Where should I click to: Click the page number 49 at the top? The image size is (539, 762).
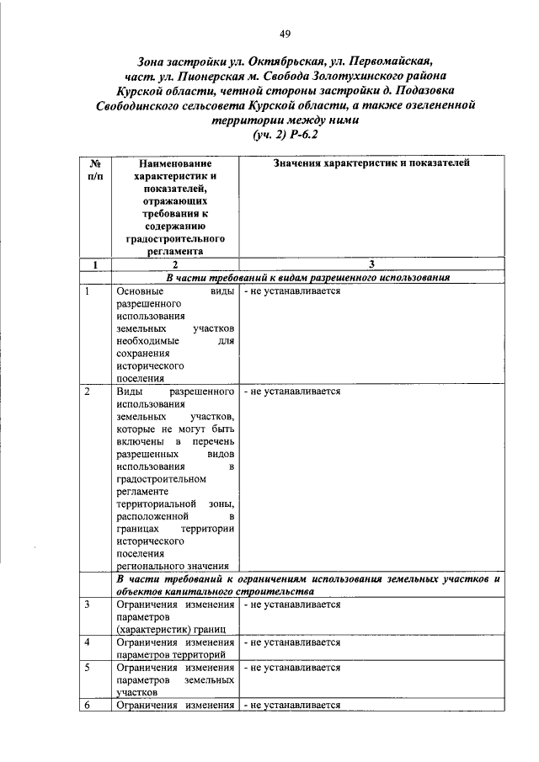(286, 34)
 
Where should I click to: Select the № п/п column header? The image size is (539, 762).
(95, 169)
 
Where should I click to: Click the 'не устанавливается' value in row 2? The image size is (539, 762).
(292, 392)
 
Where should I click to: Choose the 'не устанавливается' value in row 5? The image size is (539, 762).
(292, 667)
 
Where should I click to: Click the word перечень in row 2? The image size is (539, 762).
(210, 442)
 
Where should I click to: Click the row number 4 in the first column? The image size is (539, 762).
(87, 642)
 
